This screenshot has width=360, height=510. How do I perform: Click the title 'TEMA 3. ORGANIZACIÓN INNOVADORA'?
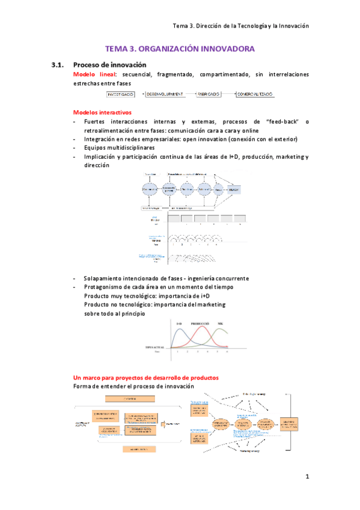coord(180,49)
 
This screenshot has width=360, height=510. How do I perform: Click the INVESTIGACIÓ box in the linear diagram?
coord(121,94)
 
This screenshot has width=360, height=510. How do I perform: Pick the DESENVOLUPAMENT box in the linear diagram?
coord(165,94)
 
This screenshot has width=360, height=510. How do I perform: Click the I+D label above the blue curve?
coord(179,324)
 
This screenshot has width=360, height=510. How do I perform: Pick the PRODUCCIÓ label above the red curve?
coord(203,324)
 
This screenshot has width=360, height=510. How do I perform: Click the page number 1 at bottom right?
coord(307,477)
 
